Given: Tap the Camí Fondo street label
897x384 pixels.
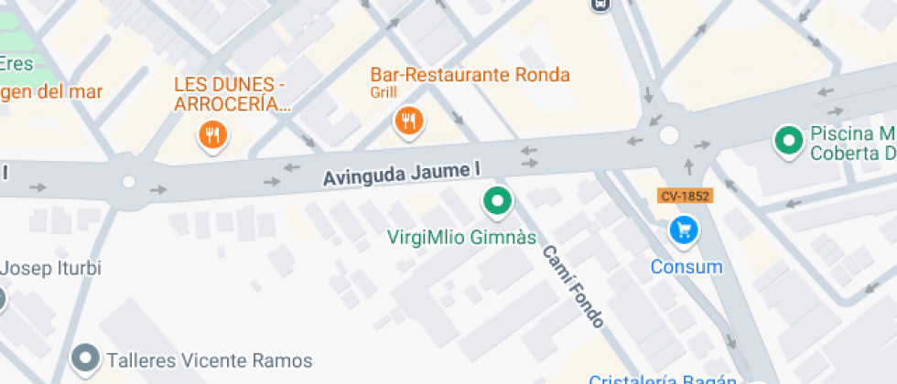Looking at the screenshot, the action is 573,286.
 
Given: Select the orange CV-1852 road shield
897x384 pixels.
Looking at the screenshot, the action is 685,196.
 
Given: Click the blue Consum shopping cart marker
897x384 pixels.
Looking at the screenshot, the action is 684,230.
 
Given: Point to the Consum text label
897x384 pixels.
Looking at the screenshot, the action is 686,267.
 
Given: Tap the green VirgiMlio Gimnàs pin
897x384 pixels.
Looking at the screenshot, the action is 497,201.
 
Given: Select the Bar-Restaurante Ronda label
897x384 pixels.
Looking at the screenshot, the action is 470,75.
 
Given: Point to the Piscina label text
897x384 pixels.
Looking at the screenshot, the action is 851,143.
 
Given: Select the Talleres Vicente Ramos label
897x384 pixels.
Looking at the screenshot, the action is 210,360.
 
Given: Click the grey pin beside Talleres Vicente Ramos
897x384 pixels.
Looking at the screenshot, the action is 87,357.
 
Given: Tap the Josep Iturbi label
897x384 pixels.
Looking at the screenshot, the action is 50,268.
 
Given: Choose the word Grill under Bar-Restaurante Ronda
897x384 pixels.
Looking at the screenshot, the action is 383,92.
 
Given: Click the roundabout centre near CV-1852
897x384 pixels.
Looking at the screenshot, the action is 669,135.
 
